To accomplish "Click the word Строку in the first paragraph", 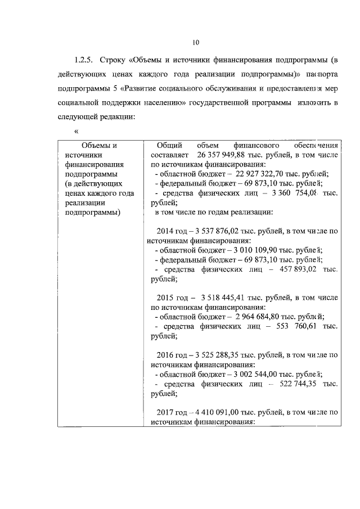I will pos(115,60).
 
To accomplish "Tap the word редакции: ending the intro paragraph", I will pos(117,117).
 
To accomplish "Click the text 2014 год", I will pos(172,231).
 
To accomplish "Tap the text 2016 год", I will pos(172,355).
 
